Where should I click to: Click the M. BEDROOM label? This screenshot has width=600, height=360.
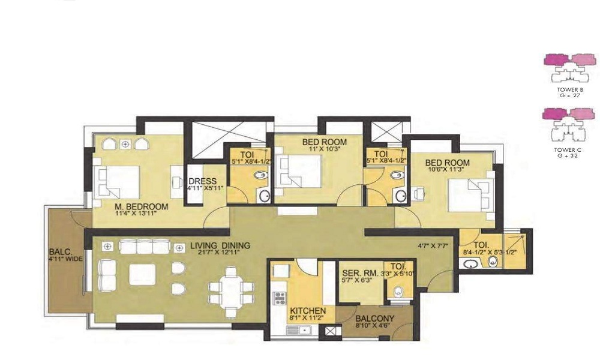coord(141,206)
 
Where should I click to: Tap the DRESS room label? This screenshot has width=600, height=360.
coord(198,182)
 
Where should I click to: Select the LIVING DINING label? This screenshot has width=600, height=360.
coord(220,246)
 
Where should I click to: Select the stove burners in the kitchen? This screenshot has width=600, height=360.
coord(278,298)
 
